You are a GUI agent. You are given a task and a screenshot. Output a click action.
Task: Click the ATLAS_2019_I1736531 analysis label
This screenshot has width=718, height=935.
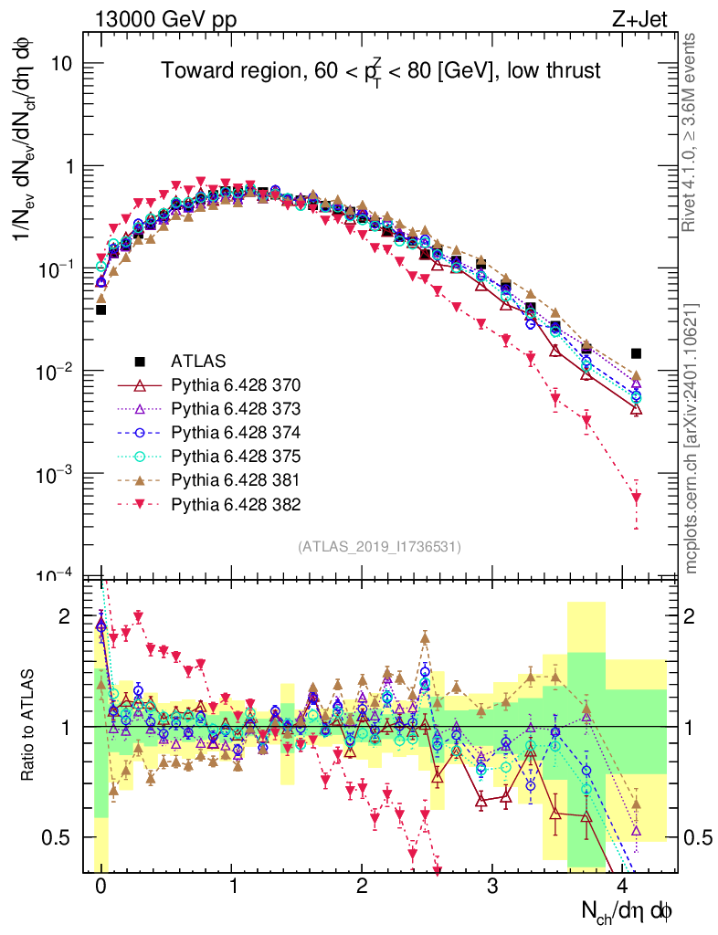point(378,547)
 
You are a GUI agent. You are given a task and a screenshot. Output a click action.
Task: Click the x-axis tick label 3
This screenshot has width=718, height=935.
point(492,886)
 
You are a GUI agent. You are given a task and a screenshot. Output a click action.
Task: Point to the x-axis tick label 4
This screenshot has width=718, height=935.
point(624,886)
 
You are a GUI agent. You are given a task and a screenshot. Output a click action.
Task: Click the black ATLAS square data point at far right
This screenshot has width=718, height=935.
point(637,353)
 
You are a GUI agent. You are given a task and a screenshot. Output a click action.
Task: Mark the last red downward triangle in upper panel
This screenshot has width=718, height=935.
point(637,498)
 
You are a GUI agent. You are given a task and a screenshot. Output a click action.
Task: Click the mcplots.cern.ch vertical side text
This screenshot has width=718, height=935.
point(692,437)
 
